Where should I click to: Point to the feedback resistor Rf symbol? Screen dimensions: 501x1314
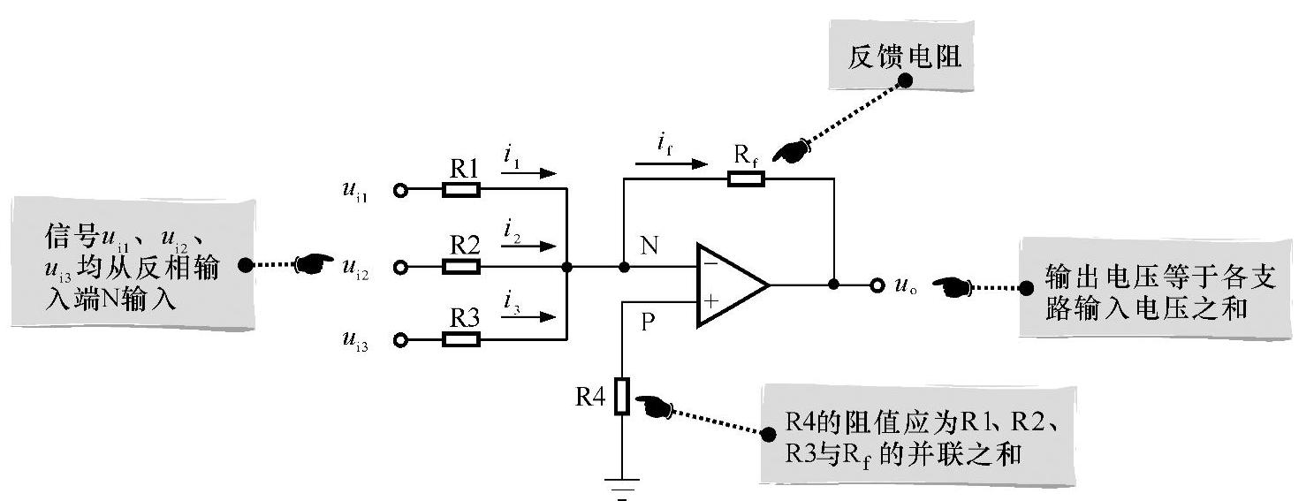[x=747, y=178]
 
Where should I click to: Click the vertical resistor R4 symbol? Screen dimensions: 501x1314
[x=623, y=397]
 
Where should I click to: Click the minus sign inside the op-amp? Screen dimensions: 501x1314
[x=710, y=262]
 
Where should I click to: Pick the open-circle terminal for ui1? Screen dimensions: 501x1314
[x=401, y=190]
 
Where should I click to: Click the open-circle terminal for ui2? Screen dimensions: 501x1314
[x=401, y=266]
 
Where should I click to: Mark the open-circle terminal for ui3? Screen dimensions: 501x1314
[x=401, y=340]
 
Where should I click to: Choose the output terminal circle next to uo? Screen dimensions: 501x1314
[x=877, y=285]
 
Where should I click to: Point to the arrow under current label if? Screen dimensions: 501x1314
[x=671, y=163]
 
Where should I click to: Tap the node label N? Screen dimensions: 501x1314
[x=649, y=247]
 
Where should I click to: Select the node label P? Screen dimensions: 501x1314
[x=648, y=323]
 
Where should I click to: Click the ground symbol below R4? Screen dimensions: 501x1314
[x=623, y=487]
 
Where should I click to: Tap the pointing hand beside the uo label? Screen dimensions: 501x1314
[x=951, y=286]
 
